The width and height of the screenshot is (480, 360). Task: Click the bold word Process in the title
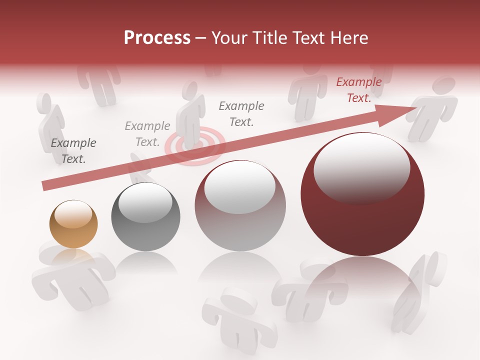pos(157,38)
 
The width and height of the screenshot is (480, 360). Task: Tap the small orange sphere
pos(73,224)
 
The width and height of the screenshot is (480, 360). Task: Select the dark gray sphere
pos(145,216)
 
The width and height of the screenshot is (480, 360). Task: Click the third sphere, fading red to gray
pos(240,205)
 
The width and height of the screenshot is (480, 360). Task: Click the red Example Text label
pos(358,90)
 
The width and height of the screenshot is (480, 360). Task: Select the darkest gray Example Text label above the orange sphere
pos(73,151)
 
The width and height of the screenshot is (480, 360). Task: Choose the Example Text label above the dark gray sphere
pos(147,134)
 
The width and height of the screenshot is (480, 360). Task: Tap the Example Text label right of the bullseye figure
pos(241,113)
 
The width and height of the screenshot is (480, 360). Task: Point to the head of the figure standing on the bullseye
pos(190,90)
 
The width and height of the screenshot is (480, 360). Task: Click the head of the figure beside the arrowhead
pos(444,85)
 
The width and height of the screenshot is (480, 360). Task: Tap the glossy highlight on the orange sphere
pos(73,213)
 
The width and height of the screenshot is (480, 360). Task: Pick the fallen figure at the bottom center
pos(237,315)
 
